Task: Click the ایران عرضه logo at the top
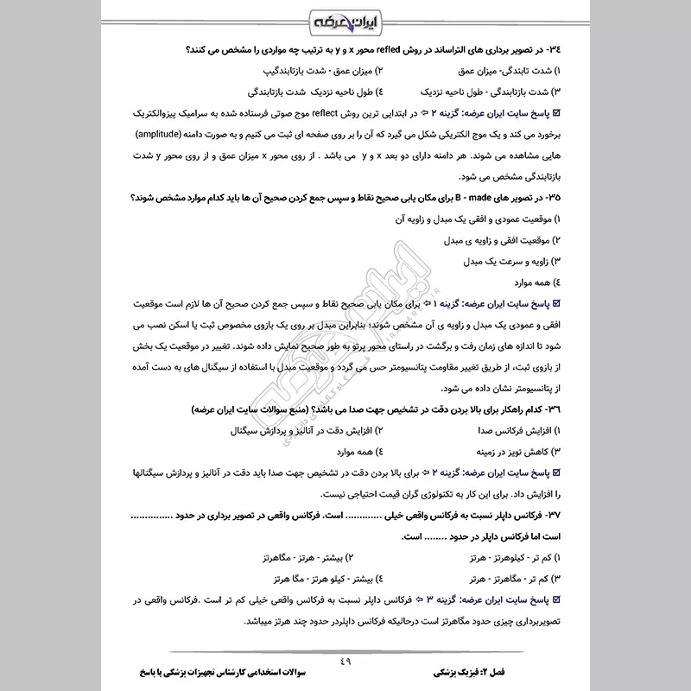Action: coord(345,19)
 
